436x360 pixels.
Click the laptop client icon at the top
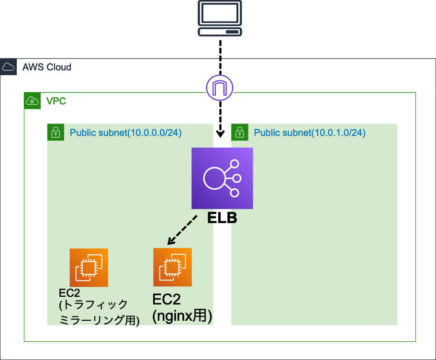tap(220, 18)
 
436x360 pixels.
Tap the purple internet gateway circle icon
tap(219, 88)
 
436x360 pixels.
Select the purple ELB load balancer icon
tap(222, 179)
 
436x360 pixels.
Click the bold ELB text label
tap(222, 219)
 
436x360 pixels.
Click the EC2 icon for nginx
tap(172, 267)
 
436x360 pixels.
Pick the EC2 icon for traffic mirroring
tap(89, 267)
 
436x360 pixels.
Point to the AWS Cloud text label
tap(47, 67)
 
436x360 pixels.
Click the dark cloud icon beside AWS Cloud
tap(8, 67)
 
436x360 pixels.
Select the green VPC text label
tap(56, 101)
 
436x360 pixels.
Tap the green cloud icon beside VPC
tap(32, 101)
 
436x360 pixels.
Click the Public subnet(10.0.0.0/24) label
tap(125, 133)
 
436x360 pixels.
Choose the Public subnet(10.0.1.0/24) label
tap(310, 133)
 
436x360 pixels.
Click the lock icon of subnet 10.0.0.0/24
tap(56, 133)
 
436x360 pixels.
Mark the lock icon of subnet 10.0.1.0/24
tap(239, 133)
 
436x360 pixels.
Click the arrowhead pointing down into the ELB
tap(220, 133)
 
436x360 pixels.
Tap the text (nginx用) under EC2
tap(182, 316)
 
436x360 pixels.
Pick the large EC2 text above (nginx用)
tap(167, 299)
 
